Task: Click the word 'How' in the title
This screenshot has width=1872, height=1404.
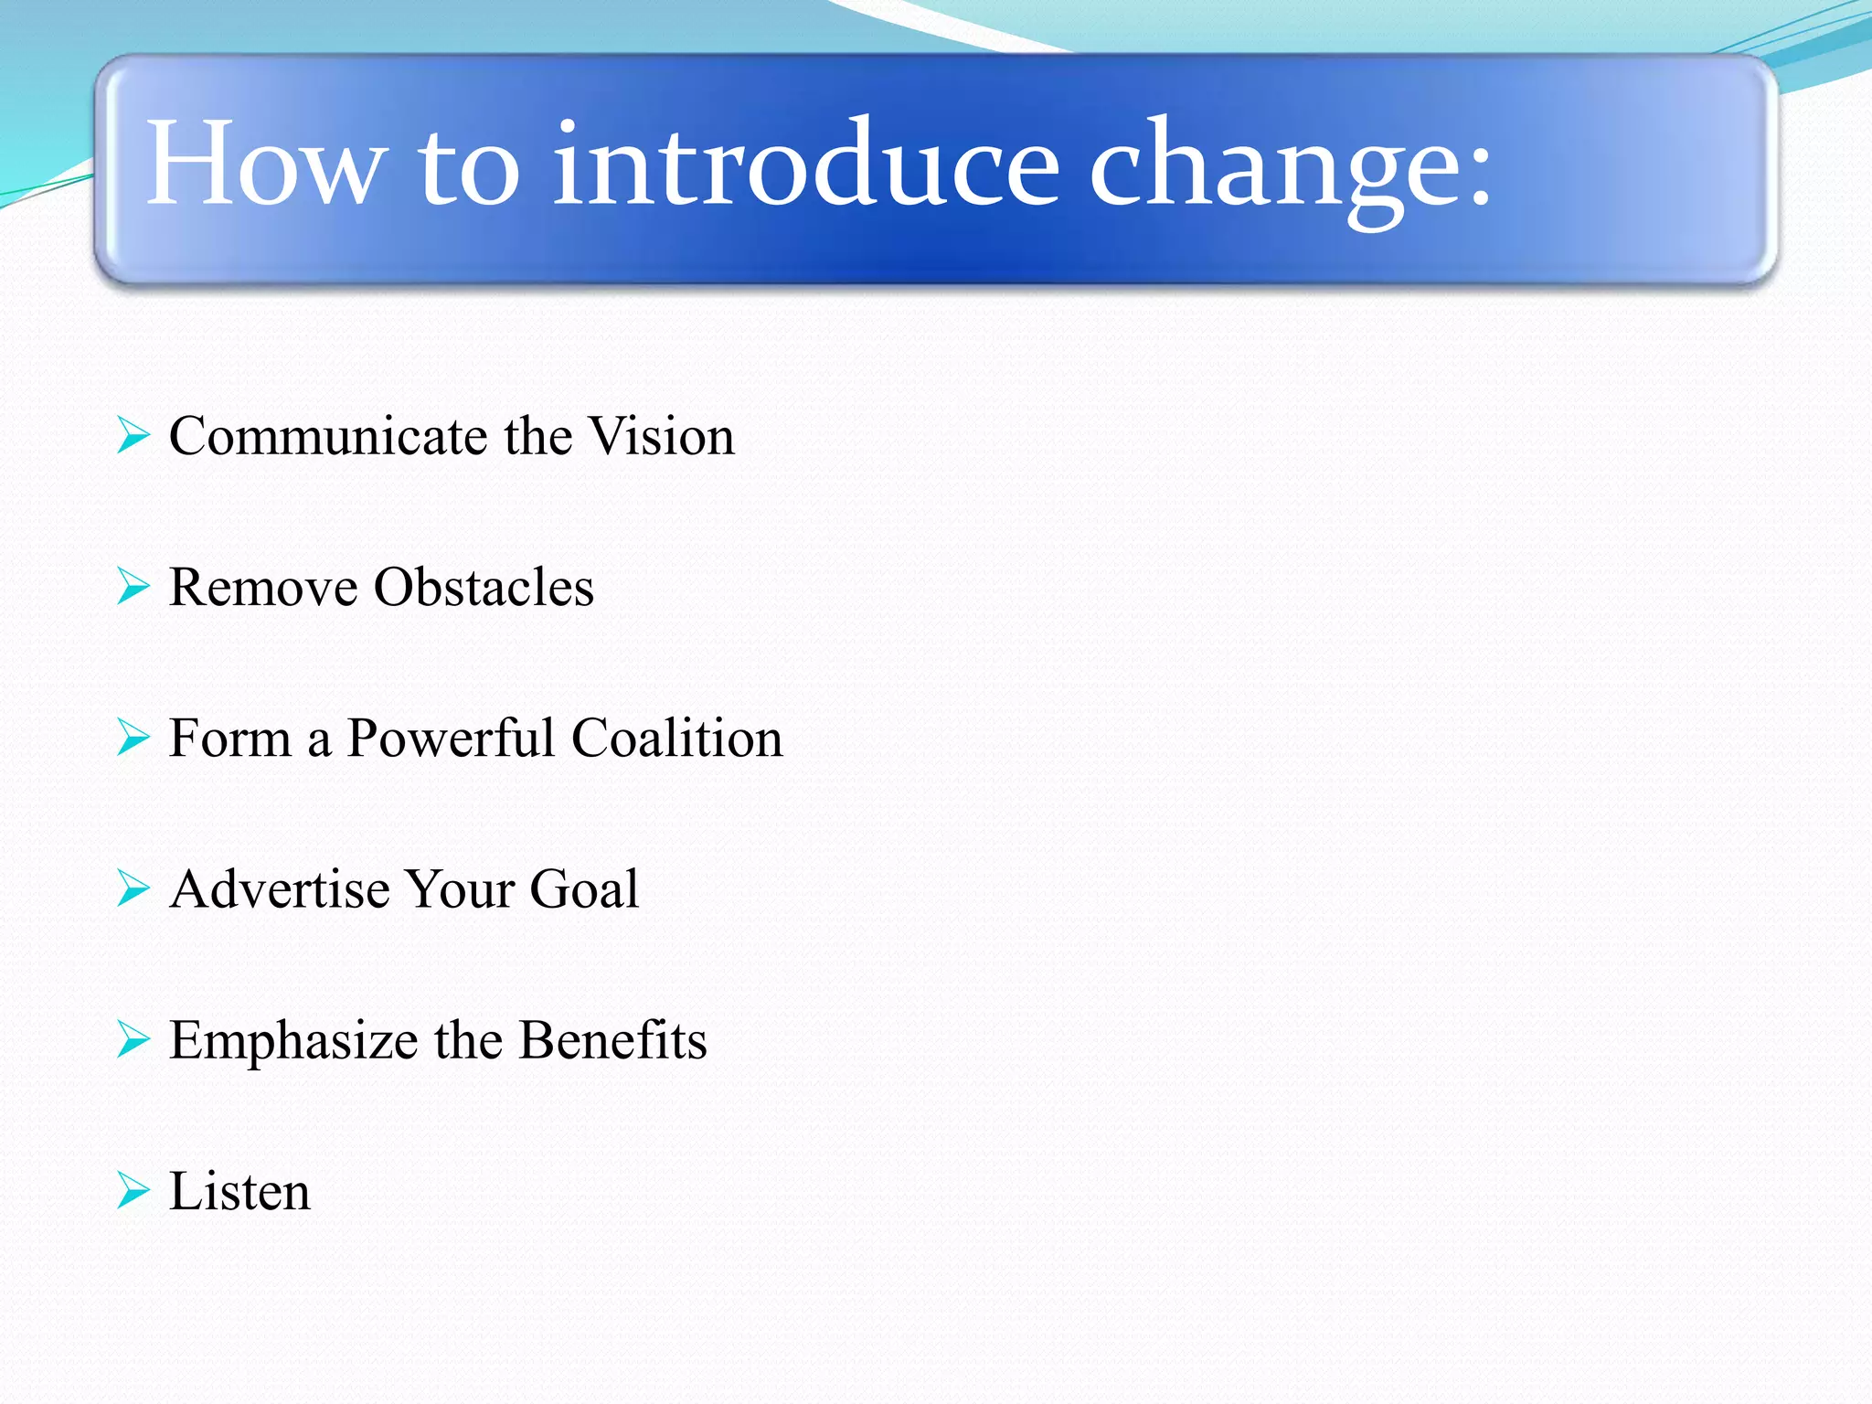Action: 262,165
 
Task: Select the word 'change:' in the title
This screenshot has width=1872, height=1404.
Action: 1290,169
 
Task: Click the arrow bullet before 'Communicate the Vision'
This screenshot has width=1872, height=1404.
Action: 133,435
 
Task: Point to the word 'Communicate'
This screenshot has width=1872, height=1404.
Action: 328,436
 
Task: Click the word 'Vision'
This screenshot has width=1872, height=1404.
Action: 661,436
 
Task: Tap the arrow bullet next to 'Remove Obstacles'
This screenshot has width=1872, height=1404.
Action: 133,586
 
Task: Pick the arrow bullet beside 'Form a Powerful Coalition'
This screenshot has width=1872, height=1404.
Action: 133,737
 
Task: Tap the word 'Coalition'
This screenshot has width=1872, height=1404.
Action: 677,738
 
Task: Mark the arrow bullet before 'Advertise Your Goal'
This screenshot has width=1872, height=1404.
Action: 133,888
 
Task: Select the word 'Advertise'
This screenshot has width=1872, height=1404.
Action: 280,889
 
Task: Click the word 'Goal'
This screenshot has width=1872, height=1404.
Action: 584,889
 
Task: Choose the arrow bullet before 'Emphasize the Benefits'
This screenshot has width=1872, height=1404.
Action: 133,1039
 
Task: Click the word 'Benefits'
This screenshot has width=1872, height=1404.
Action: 612,1040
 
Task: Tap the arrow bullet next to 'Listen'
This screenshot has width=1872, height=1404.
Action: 133,1190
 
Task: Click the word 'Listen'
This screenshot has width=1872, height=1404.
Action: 239,1191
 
